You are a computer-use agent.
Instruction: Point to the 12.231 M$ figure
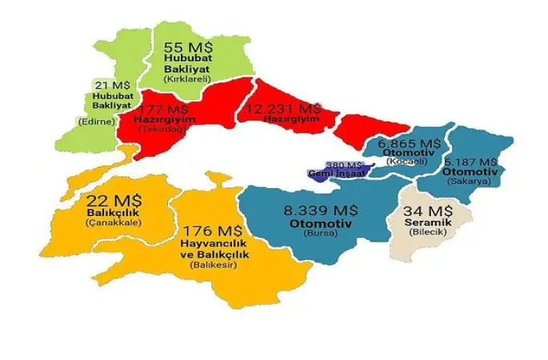click(x=285, y=107)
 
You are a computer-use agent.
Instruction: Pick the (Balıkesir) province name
click(x=207, y=265)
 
